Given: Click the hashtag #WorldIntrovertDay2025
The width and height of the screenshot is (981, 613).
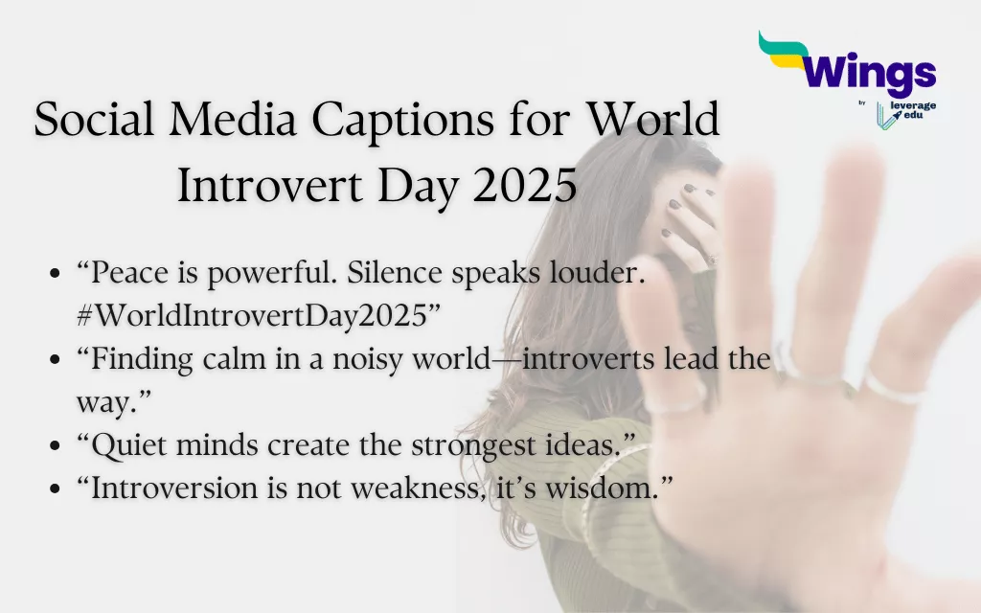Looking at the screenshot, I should [x=251, y=317].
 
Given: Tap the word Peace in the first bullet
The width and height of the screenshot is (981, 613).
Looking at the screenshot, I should [x=125, y=276].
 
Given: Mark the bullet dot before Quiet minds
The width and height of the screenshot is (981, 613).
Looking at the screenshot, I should [x=56, y=446].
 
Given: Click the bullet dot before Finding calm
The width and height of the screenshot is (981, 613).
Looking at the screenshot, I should [x=56, y=362].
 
